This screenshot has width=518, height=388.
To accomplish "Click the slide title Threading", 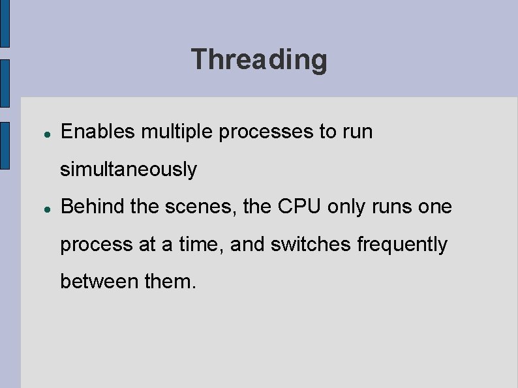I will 259,59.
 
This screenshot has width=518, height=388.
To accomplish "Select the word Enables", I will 97,132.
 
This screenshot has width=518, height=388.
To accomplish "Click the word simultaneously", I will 129,170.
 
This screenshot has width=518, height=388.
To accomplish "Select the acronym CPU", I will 300,207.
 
